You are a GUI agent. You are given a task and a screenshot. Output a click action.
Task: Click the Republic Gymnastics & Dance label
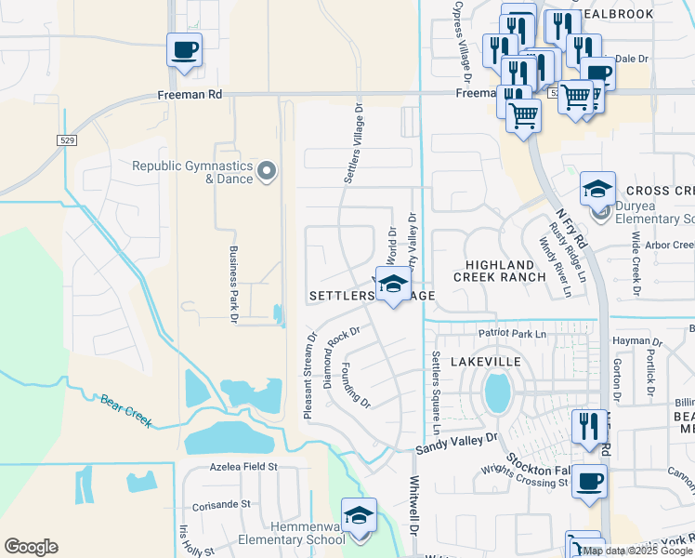click(192, 172)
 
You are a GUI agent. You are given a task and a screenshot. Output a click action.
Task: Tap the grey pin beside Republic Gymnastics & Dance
click(268, 170)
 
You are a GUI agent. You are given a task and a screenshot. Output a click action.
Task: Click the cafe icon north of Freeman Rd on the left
click(184, 49)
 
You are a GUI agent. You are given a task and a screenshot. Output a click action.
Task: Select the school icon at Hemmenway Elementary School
click(359, 515)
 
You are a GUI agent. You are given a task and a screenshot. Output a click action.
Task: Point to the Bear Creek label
click(125, 407)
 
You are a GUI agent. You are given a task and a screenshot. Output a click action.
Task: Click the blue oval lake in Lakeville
click(497, 393)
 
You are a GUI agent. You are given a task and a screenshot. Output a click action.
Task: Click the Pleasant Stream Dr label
click(308, 375)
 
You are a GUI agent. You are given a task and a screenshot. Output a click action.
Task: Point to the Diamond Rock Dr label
click(340, 355)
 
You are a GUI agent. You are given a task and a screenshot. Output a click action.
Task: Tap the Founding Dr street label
click(356, 386)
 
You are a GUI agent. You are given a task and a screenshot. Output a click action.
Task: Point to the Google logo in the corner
click(31, 547)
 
